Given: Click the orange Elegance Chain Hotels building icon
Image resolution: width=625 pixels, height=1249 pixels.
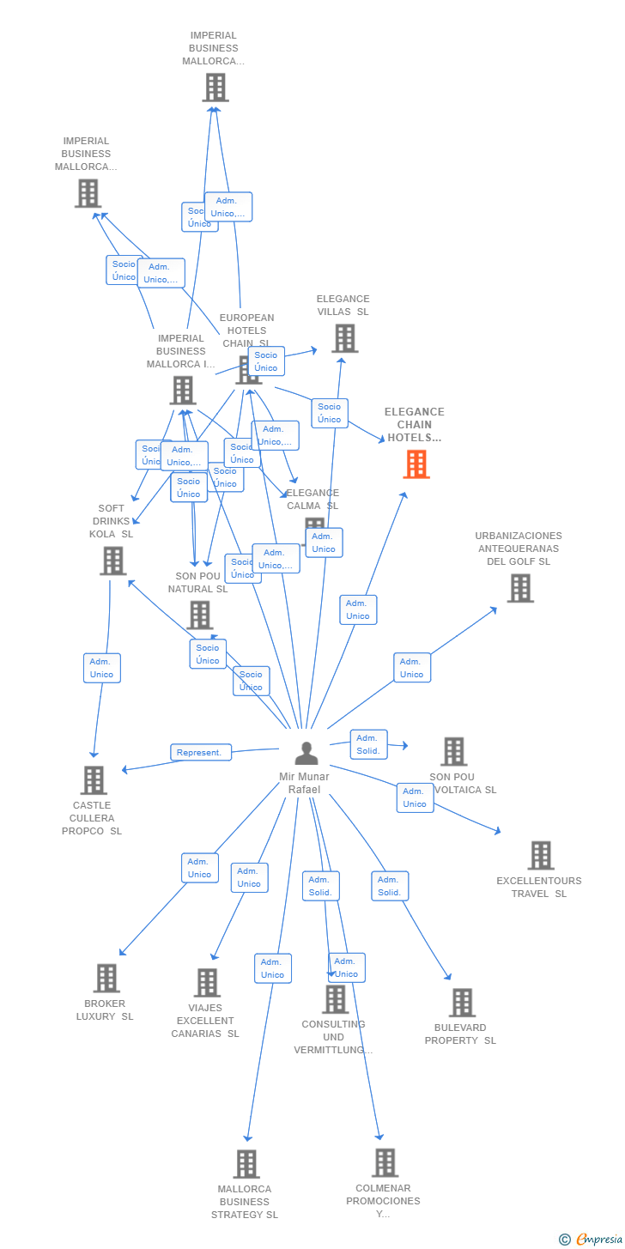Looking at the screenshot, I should click(x=416, y=464).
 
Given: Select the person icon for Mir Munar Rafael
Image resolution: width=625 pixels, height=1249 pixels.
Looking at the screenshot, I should click(x=306, y=753).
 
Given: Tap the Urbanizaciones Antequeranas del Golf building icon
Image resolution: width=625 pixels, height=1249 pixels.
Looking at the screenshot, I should click(x=520, y=588).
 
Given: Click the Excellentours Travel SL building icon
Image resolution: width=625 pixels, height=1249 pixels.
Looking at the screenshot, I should click(x=541, y=856).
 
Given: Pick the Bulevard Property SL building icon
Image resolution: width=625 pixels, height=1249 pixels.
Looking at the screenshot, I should click(x=462, y=1003).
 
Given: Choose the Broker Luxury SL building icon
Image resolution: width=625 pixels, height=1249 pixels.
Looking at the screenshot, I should click(x=106, y=978).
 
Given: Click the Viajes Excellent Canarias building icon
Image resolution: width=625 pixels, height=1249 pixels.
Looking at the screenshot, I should click(x=207, y=983).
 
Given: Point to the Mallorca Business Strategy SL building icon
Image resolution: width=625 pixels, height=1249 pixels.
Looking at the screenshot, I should click(x=246, y=1164).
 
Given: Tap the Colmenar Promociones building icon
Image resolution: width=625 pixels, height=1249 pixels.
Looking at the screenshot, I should click(x=385, y=1162).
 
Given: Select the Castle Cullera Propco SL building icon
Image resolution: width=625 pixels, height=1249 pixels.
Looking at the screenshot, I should click(x=94, y=780).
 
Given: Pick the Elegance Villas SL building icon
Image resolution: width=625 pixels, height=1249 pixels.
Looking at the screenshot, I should click(x=344, y=338).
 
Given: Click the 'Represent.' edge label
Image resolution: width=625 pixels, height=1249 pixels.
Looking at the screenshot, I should click(x=200, y=753).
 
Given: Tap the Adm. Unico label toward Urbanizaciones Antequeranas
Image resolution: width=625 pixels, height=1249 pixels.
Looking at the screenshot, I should click(x=412, y=668).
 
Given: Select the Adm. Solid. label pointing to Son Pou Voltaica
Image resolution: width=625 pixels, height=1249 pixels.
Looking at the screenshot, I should click(x=368, y=744).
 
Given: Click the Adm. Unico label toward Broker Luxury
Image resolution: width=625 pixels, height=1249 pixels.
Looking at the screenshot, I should click(x=199, y=868).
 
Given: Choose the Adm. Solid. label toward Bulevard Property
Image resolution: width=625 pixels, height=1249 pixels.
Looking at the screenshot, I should click(x=390, y=886).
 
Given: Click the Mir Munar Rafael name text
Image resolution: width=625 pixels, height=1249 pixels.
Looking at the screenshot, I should click(x=304, y=783).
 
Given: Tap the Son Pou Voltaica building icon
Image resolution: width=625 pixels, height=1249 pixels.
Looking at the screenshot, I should click(x=453, y=751).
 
